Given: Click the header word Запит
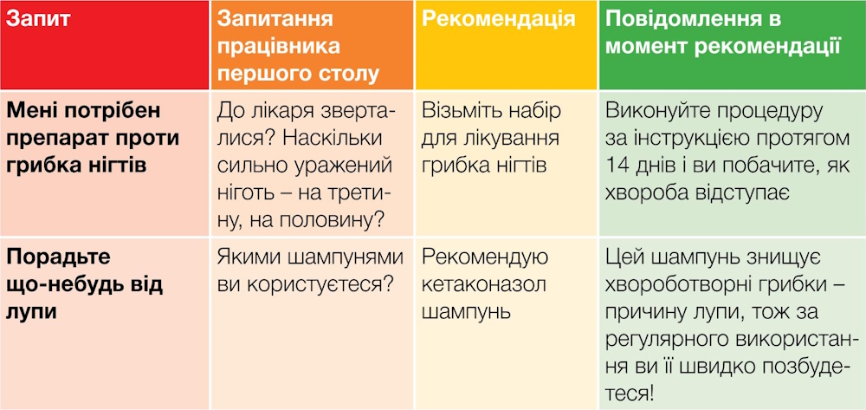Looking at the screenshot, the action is (38, 20).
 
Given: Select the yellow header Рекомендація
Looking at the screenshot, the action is (499, 19).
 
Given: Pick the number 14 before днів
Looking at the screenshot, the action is (617, 166).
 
